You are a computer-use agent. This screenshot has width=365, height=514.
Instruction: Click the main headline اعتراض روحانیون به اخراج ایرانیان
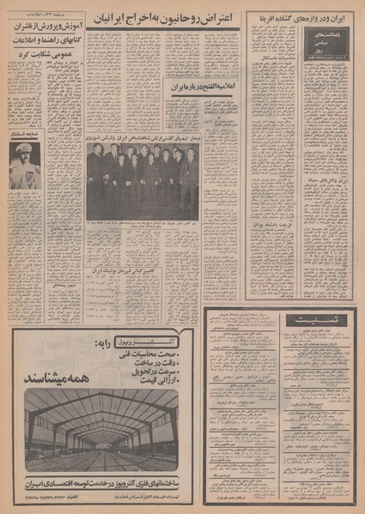click(x=163, y=18)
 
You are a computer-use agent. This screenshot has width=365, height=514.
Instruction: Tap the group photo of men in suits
click(x=142, y=178)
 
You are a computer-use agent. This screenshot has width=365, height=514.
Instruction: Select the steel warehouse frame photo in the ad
click(x=100, y=428)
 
